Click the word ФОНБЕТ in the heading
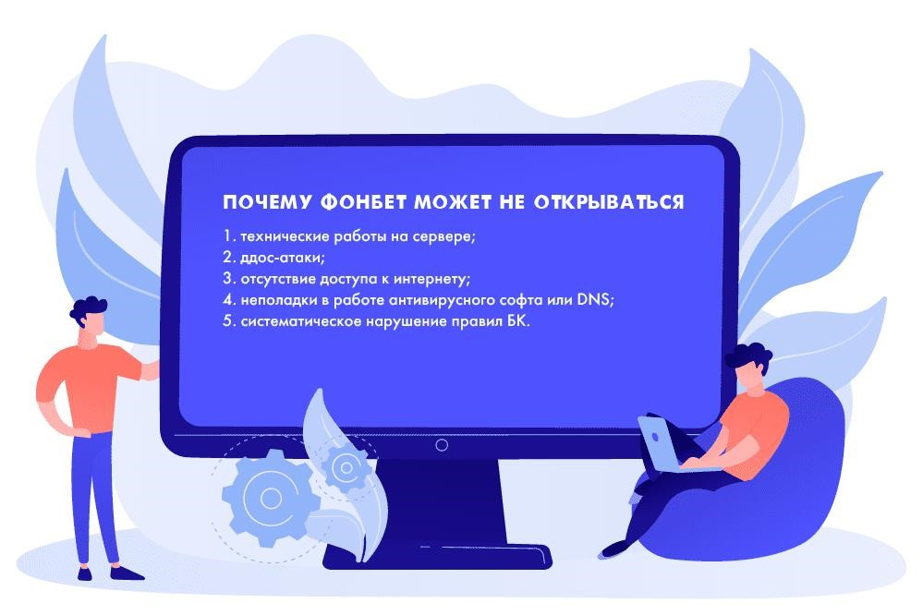(x=364, y=202)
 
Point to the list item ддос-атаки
(x=282, y=258)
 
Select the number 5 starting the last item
(x=227, y=321)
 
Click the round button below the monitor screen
(x=442, y=445)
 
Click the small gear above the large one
(x=345, y=467)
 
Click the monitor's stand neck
(x=441, y=500)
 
